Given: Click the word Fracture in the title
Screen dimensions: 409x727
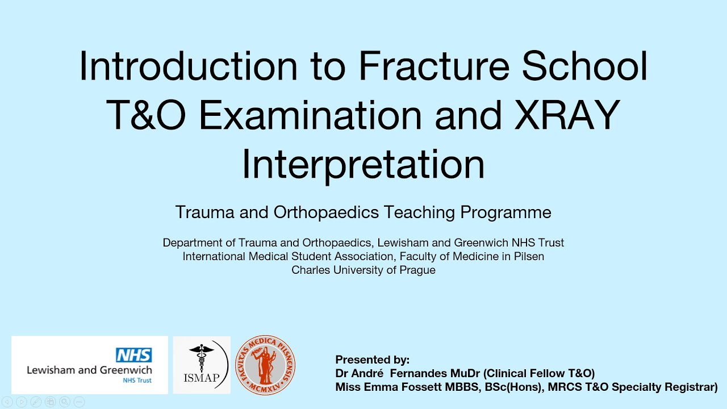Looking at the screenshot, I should click(x=434, y=66).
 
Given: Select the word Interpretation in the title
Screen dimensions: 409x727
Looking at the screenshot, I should click(x=363, y=164).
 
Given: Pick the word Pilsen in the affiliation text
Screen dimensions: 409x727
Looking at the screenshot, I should click(x=527, y=256).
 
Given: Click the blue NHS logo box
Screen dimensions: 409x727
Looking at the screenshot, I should click(x=134, y=356).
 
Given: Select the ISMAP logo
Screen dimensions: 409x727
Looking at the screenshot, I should click(x=202, y=365).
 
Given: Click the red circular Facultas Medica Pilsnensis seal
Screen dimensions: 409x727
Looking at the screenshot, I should click(x=265, y=365).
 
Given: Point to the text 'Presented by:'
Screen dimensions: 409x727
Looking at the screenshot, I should click(x=372, y=360).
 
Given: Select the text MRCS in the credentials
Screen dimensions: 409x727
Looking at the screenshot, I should click(x=545, y=387).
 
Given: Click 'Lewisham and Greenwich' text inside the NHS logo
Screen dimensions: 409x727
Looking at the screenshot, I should click(x=89, y=370).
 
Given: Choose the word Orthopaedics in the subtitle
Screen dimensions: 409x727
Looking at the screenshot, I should click(x=326, y=212).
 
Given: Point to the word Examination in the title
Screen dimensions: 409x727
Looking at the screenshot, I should click(x=311, y=115).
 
